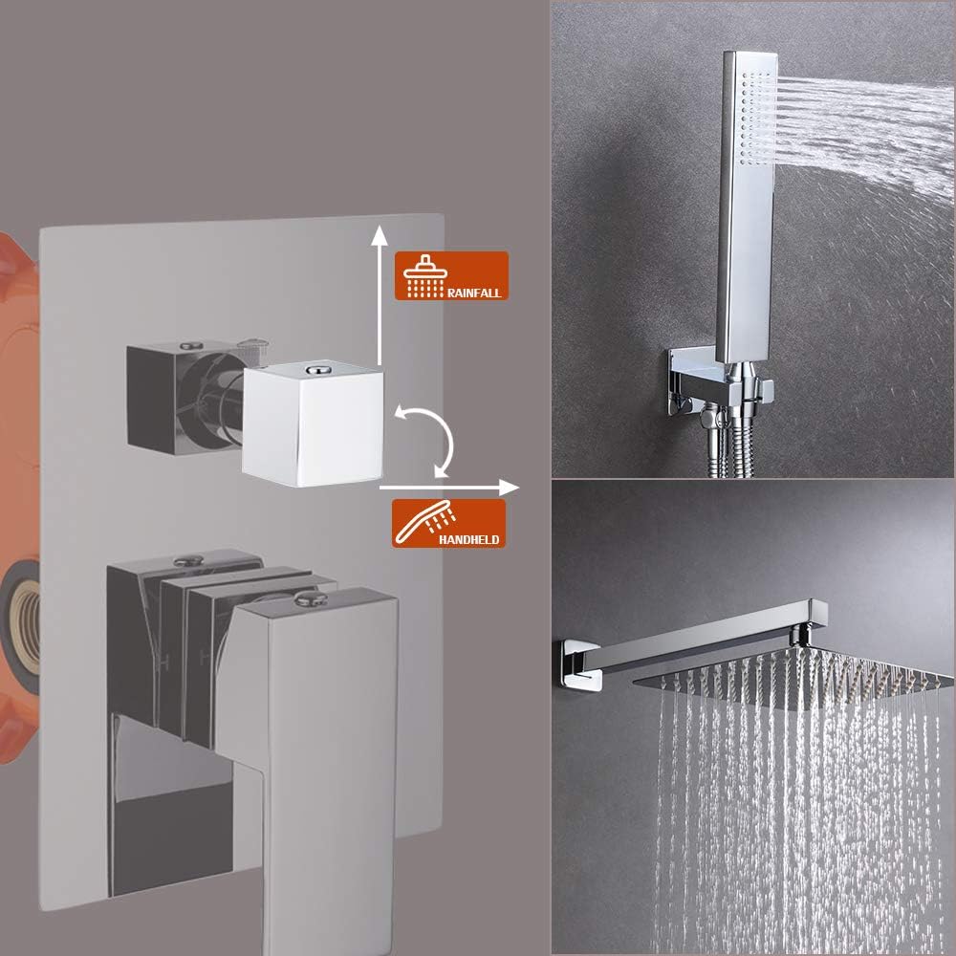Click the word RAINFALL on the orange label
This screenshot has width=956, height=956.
(474, 293)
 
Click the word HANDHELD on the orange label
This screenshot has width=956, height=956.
(468, 539)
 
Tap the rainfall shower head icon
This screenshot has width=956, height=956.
(425, 275)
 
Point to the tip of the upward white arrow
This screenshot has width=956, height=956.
(380, 226)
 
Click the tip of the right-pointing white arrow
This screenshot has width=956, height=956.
(518, 488)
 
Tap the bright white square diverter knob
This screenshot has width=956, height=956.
(314, 424)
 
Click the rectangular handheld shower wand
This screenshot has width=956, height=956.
(747, 207)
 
